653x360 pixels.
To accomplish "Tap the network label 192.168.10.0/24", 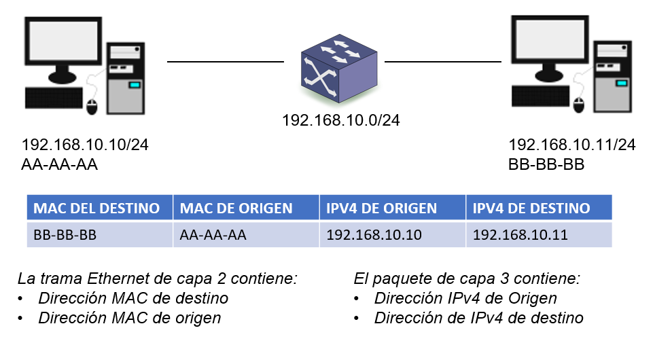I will (x=340, y=121).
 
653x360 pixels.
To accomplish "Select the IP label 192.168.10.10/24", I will (x=86, y=145).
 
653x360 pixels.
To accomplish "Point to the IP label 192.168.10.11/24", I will (x=572, y=145).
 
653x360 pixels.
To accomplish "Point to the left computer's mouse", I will (x=93, y=106).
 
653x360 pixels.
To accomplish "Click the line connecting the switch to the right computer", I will (x=443, y=61).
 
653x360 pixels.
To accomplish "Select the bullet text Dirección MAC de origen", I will (x=129, y=317).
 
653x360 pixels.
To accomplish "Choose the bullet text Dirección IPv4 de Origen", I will (x=465, y=298).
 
